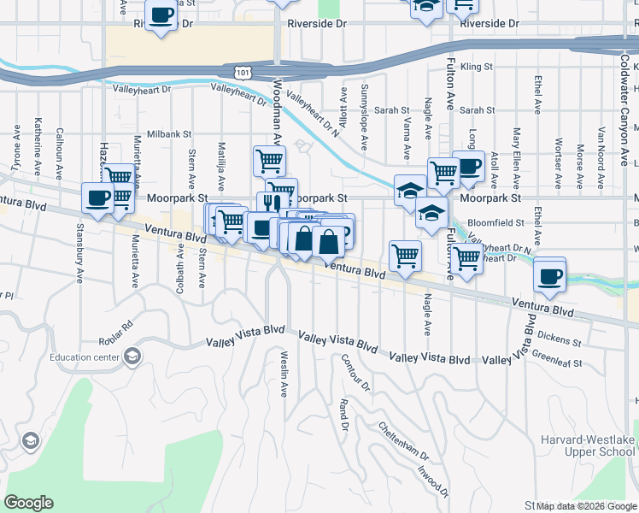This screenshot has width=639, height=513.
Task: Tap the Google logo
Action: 28,503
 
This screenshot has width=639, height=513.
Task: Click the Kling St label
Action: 477,66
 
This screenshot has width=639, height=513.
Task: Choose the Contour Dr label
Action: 355,373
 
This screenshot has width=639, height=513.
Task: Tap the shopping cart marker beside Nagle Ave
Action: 405,255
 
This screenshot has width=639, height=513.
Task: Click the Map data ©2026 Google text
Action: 586,506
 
